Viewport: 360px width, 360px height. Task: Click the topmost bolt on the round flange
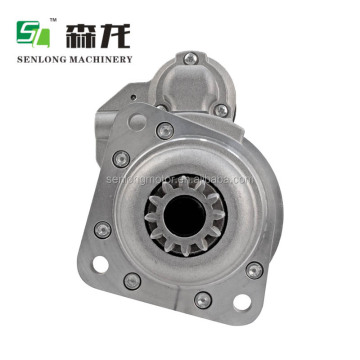tap(165, 129)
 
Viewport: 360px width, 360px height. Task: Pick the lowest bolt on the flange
tap(203, 297)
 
